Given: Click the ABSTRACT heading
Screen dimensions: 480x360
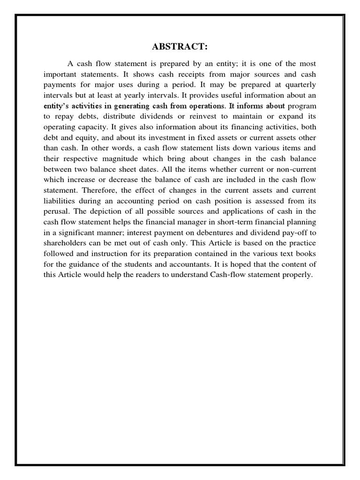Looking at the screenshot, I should pyautogui.click(x=180, y=47).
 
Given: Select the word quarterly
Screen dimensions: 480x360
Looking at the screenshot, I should pyautogui.click(x=298, y=85).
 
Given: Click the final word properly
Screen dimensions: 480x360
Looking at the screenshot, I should pyautogui.click(x=297, y=275).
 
